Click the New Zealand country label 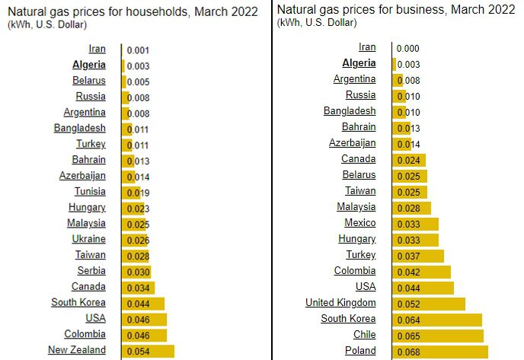click(76, 350)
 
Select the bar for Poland click(439, 351)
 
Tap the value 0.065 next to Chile click(410, 335)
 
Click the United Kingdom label click(340, 303)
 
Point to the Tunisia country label click(90, 192)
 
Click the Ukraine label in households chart click(89, 239)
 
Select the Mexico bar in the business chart click(415, 224)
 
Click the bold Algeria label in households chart click(88, 65)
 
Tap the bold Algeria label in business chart click(359, 64)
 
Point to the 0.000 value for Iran click(410, 48)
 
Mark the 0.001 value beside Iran click(138, 50)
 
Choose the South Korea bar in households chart click(142, 303)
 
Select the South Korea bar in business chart click(437, 319)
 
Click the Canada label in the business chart click(358, 159)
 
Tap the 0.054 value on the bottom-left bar click(138, 351)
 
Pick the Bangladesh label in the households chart click(79, 129)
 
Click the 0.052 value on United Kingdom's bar click(410, 304)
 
